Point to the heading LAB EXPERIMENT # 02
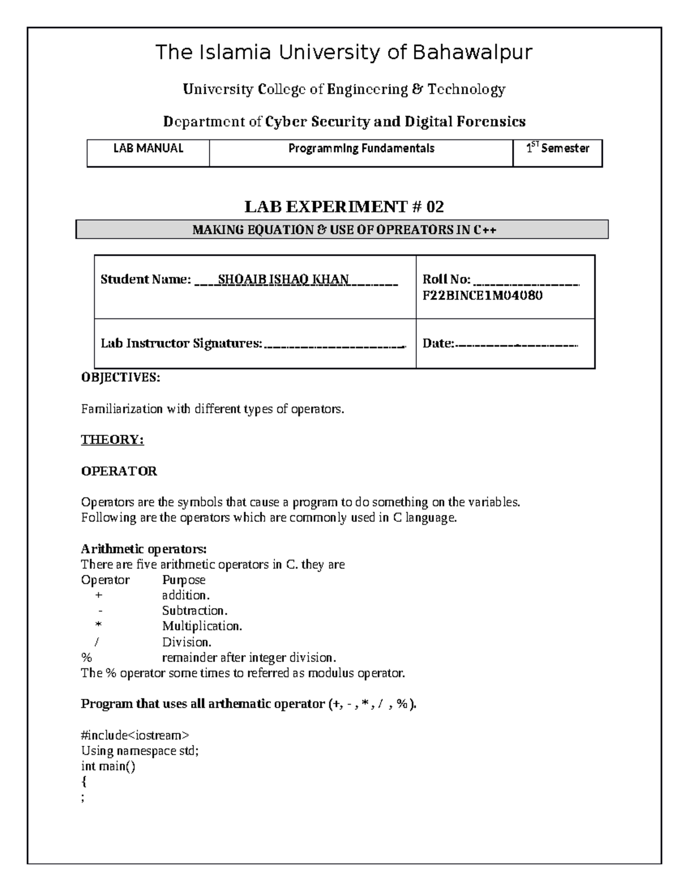[x=344, y=207]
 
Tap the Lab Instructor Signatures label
[x=181, y=344]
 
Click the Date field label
[x=438, y=344]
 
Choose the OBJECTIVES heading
[x=121, y=378]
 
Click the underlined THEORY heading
[x=112, y=439]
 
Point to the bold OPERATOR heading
[x=119, y=471]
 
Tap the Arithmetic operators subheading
[x=144, y=548]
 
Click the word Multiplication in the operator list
[x=202, y=626]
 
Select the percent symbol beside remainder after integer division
[x=86, y=657]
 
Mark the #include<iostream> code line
[x=135, y=735]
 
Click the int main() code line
[x=108, y=766]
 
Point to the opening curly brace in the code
[x=84, y=781]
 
